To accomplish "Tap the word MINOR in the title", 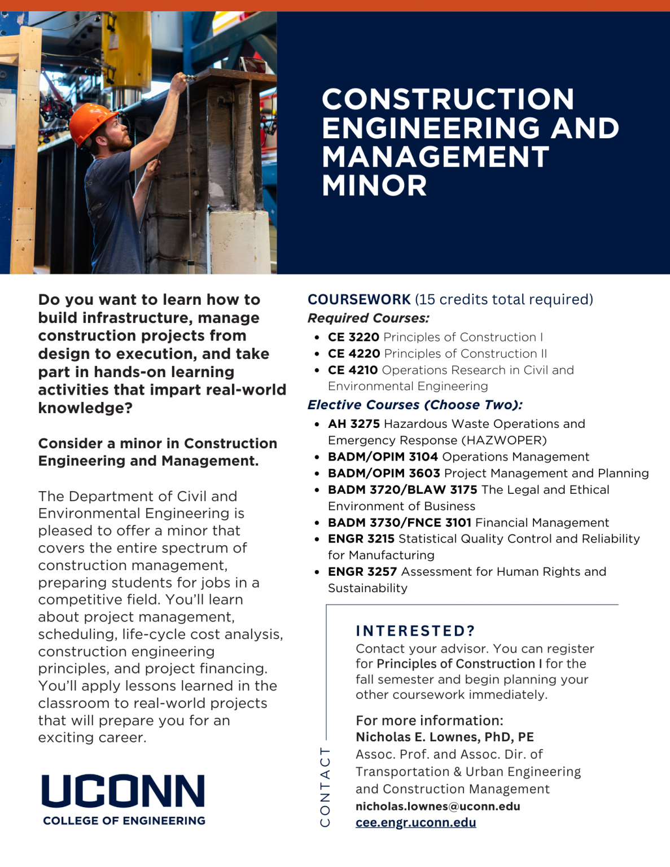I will [374, 185].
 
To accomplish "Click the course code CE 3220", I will [353, 337].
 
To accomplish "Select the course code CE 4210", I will [353, 370].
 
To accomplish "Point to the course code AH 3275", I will [354, 423].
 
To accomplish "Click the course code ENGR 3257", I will [362, 571].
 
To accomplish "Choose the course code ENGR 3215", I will [361, 538].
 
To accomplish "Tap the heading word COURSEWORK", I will [359, 299].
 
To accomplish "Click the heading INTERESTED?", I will [415, 630].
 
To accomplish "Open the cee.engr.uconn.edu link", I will [415, 822].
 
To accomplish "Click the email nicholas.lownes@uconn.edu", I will [437, 806].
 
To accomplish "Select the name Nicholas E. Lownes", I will [418, 737].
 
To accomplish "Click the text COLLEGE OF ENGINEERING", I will [124, 820].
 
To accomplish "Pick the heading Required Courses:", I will [368, 318].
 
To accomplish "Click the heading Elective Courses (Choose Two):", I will [415, 405].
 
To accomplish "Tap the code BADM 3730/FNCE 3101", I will [400, 523].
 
